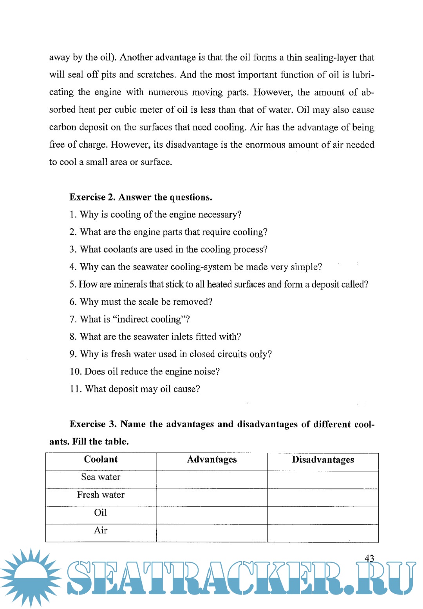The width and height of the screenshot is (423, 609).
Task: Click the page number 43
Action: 369,558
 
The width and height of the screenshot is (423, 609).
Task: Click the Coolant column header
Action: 101,459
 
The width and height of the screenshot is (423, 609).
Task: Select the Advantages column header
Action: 212,459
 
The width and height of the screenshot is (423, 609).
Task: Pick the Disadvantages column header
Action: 323,460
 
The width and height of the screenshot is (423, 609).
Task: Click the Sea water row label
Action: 101,477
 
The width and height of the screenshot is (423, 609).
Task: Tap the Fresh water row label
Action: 101,495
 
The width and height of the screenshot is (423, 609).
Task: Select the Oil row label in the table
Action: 101,512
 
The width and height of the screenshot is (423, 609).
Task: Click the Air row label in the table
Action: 101,530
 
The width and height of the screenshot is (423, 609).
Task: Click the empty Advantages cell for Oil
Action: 212,515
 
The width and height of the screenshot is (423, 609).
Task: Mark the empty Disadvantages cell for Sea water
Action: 323,480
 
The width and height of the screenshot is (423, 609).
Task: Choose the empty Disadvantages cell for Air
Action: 323,533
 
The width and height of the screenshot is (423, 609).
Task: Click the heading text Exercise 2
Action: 92,197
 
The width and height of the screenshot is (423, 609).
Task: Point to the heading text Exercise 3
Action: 93,424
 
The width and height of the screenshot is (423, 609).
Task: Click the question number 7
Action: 72,320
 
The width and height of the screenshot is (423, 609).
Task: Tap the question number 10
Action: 75,372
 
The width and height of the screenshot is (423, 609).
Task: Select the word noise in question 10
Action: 204,372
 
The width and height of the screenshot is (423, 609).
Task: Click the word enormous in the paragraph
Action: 265,145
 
